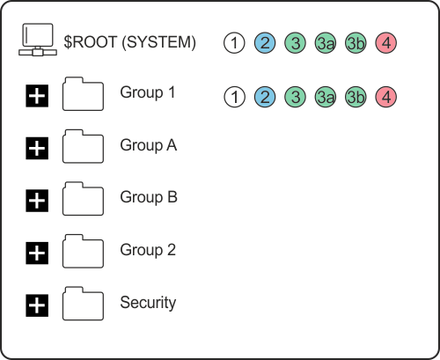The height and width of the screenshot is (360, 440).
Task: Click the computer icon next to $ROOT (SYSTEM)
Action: (36, 41)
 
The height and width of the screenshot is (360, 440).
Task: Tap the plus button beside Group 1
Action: (36, 98)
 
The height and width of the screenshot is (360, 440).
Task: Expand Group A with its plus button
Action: (36, 149)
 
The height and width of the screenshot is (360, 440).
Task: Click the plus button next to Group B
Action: (36, 202)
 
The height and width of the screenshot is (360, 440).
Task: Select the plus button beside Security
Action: (36, 306)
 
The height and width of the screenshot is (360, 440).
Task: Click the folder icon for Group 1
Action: (84, 96)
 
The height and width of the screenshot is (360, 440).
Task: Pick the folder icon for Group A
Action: (84, 148)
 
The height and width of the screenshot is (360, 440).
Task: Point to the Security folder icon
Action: (84, 305)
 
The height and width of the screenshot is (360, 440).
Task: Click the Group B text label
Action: (149, 197)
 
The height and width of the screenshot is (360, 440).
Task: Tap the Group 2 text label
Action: (149, 250)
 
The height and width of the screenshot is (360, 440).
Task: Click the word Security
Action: (148, 303)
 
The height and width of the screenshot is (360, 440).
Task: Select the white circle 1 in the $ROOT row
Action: (234, 42)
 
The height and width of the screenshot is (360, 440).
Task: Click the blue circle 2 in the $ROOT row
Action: (264, 42)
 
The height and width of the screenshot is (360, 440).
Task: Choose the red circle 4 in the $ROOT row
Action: (385, 42)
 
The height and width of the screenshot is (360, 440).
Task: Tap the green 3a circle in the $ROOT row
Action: (325, 42)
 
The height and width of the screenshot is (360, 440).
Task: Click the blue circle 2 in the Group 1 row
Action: (264, 97)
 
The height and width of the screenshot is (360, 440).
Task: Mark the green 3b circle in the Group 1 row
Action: (356, 97)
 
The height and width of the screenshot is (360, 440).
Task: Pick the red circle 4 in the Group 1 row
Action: (385, 97)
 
